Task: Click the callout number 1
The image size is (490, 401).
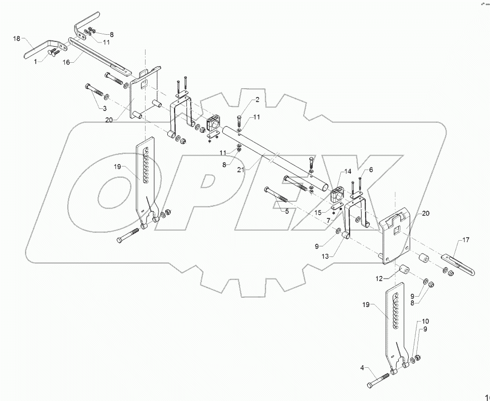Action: pyautogui.click(x=35, y=61)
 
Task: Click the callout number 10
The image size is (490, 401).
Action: pyautogui.click(x=425, y=322)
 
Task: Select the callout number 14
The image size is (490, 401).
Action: pyautogui.click(x=347, y=171)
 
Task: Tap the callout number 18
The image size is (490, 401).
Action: pyautogui.click(x=16, y=39)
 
